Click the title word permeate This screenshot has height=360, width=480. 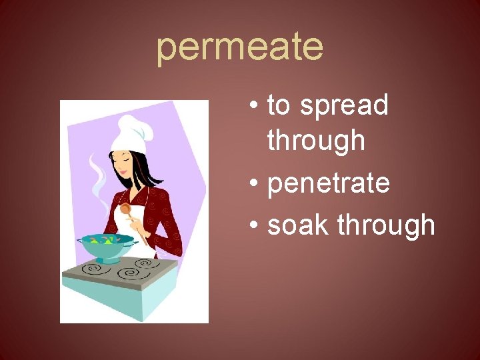click(x=239, y=47)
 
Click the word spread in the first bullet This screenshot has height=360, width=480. click(x=344, y=105)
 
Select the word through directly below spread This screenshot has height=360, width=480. click(x=316, y=141)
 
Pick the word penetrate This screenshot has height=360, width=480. click(x=328, y=183)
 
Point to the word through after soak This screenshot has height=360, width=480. click(x=386, y=225)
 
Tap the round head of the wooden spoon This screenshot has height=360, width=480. click(x=125, y=209)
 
